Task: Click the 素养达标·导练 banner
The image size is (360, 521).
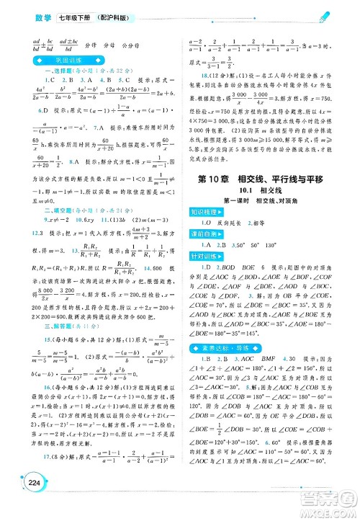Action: [222, 349]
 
